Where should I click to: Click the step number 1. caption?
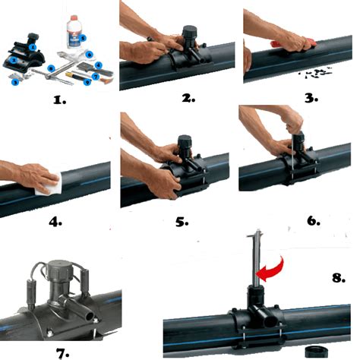tap(60, 100)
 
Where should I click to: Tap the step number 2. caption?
tap(188, 98)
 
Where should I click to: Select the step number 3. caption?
tap(311, 98)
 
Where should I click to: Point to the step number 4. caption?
tap(55, 222)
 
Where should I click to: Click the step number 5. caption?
tap(182, 222)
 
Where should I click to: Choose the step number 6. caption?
tap(314, 221)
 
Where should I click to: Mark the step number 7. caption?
tap(62, 354)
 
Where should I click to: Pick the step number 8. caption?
tap(339, 278)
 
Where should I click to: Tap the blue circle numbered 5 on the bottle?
tap(83, 39)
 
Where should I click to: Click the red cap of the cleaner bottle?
tap(74, 19)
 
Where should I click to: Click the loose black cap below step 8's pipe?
tap(317, 352)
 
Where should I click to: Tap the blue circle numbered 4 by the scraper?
tap(98, 65)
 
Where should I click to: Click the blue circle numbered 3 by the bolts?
tap(16, 82)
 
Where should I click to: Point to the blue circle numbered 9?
tap(88, 82)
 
